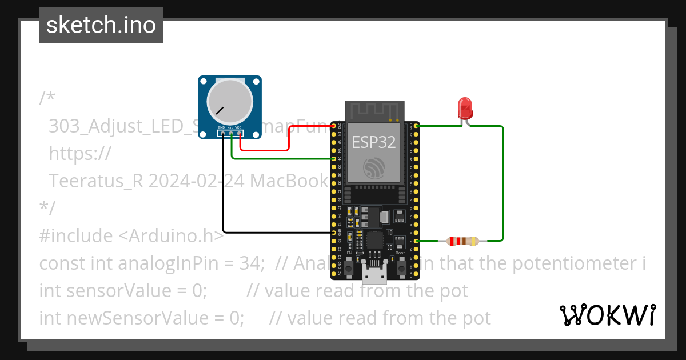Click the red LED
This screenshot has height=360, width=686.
(464, 108)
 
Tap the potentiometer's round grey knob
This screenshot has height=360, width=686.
(230, 100)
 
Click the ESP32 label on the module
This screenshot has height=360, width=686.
(373, 142)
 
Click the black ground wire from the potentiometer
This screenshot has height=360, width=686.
(224, 194)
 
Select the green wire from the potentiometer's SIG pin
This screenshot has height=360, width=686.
(274, 158)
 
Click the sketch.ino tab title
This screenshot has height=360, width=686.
(101, 25)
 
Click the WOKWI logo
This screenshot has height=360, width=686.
(607, 315)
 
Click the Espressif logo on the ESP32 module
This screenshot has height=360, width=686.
(375, 167)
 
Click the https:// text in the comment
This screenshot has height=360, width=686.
(79, 154)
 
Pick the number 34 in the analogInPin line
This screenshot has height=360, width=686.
(253, 263)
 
